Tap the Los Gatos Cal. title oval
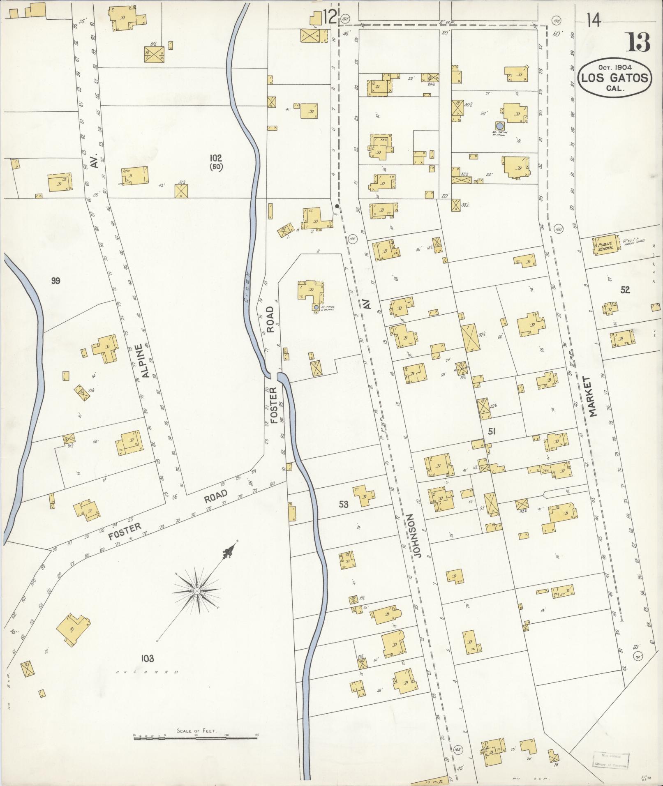[615, 78]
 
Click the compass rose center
[196, 590]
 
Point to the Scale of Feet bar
[196, 656]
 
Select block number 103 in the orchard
[147, 659]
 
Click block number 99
[56, 281]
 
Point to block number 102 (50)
[215, 161]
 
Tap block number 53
[343, 504]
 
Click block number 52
[625, 290]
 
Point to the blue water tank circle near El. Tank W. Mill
[499, 125]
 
